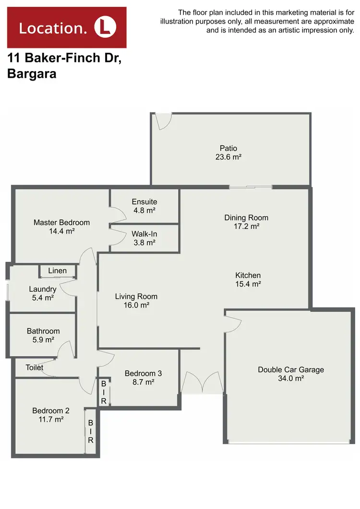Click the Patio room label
228,148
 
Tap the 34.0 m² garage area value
291,378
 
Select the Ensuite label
144,201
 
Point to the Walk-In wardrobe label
144,234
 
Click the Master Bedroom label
61,223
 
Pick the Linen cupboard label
58,271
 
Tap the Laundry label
43,289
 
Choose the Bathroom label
43,331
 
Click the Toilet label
35,367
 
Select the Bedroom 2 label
51,411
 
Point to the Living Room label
136,296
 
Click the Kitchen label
248,275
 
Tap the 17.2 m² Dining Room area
246,226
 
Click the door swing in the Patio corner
163,121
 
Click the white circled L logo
105,27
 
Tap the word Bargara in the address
32,74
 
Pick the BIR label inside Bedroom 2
90,431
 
